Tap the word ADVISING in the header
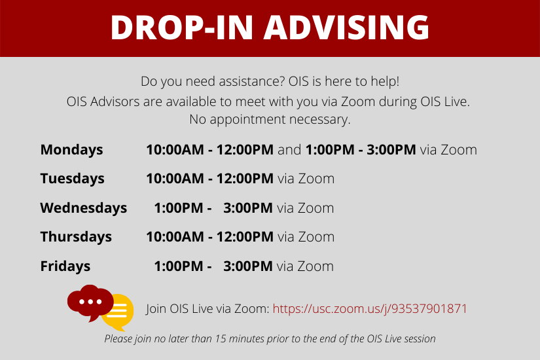[x=346, y=27]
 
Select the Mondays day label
[x=71, y=150]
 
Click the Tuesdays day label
[x=72, y=179]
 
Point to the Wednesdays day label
[x=84, y=208]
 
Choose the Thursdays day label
[x=76, y=237]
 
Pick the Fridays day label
[x=65, y=266]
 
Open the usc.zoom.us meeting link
[x=370, y=309]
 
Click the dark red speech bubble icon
[x=90, y=302]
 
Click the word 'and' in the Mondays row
[x=289, y=150]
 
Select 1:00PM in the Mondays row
[x=330, y=150]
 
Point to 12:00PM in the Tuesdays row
[x=245, y=179]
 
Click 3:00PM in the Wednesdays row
[x=248, y=208]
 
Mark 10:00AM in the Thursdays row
[x=175, y=237]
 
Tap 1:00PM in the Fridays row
[x=179, y=266]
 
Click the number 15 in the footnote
[x=221, y=338]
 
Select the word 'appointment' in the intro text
[x=247, y=120]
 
